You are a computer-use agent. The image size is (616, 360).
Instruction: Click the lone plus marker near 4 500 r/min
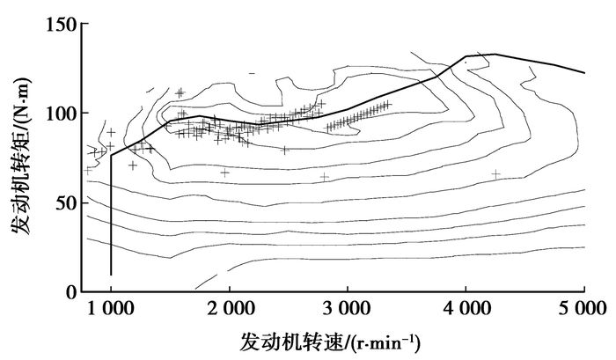(x=496, y=174)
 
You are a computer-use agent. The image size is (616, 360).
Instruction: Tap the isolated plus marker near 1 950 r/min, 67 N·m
(x=224, y=173)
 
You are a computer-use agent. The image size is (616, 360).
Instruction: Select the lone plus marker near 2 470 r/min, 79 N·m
(x=285, y=150)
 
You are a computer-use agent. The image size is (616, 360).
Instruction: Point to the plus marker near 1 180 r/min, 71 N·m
(x=133, y=165)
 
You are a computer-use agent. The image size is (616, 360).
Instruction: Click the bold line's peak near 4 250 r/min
(x=495, y=55)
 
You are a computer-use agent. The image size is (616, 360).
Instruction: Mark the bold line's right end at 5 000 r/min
(x=584, y=72)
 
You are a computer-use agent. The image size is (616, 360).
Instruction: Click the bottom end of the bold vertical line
(x=111, y=275)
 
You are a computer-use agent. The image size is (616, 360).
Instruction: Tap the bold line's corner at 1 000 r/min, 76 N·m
(x=111, y=156)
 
